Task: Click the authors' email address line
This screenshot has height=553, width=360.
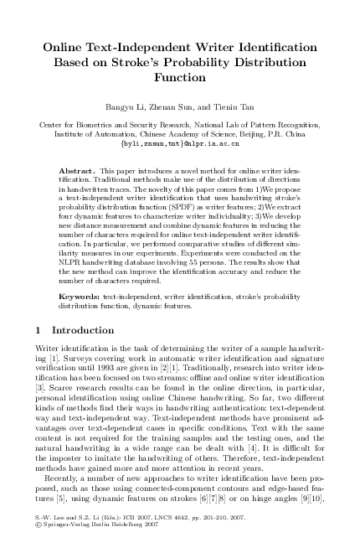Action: pos(180,142)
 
